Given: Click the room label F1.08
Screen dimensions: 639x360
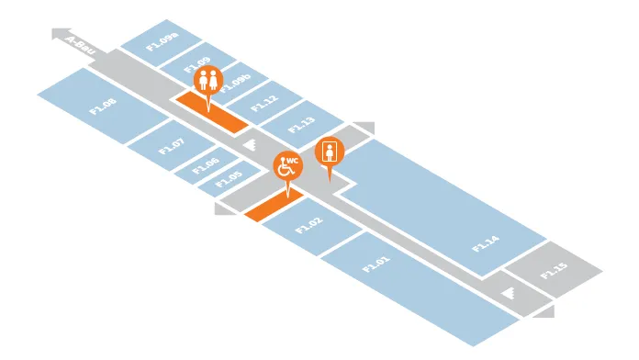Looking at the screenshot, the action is (103, 106).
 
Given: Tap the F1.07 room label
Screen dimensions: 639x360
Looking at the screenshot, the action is (172, 146).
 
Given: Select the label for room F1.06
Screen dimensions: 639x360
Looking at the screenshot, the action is (206, 165).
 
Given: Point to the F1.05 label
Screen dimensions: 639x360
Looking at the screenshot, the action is (229, 179).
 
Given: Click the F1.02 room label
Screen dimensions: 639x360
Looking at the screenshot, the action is (308, 225).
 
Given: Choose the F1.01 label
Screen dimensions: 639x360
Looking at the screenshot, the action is (376, 264).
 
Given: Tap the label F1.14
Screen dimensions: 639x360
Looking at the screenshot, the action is (485, 243).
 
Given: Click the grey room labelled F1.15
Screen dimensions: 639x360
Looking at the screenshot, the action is (554, 271).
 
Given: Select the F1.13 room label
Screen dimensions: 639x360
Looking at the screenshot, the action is (301, 125).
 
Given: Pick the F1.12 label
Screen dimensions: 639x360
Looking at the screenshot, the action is (264, 104).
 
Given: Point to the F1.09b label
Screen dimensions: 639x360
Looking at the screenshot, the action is (236, 84).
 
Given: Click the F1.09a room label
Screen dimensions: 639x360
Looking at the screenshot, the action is (163, 41).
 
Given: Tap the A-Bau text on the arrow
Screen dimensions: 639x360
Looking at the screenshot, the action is (80, 45).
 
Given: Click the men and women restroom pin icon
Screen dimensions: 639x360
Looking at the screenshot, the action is (208, 81).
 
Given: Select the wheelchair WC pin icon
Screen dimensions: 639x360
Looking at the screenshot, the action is (288, 166).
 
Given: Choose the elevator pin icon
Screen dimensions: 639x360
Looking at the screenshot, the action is (330, 152).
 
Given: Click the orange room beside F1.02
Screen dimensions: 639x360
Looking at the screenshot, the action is (274, 205).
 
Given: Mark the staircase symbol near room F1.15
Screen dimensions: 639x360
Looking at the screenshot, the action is (508, 292).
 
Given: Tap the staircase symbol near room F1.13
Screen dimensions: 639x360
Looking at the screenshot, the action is (250, 144).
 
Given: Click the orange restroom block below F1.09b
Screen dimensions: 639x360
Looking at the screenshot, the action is (212, 112).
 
